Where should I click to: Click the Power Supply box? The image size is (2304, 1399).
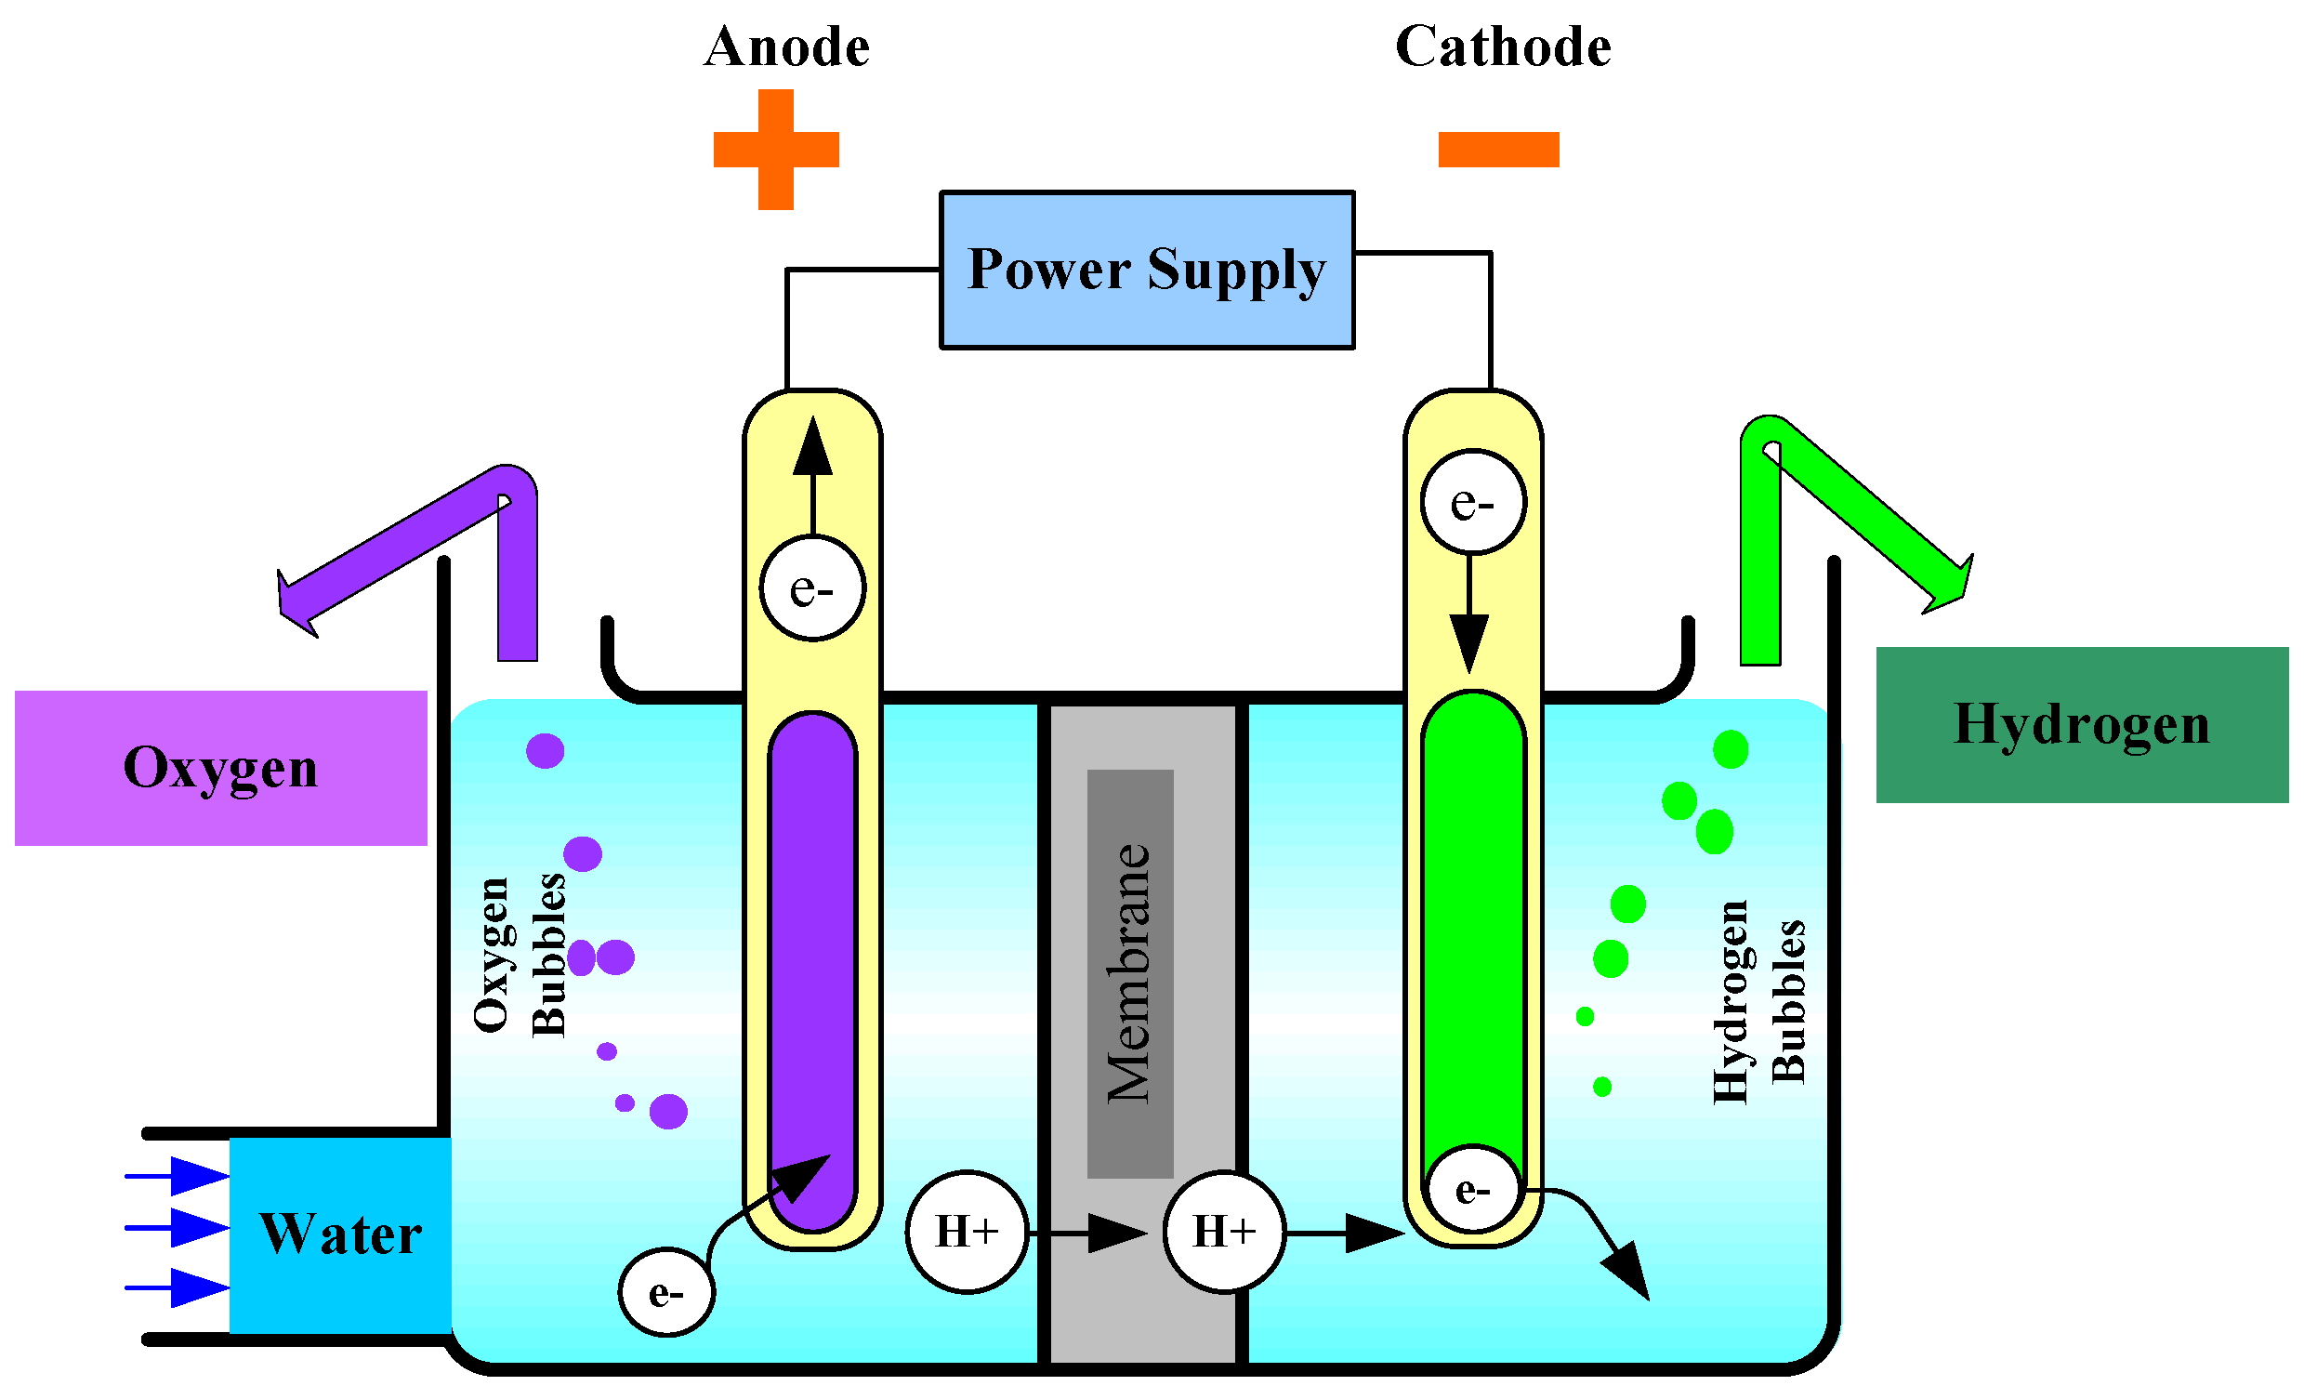(1146, 271)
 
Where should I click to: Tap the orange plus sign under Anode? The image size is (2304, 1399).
(776, 150)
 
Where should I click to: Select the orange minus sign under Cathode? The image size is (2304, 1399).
(1498, 150)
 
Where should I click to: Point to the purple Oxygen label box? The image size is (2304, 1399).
(220, 769)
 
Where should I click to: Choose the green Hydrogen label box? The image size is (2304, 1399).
(2082, 725)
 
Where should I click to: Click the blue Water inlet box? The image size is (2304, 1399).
(340, 1234)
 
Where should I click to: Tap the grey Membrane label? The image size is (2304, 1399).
(1129, 972)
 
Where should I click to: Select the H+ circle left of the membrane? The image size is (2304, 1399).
(967, 1232)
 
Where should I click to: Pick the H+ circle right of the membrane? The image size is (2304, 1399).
(1224, 1232)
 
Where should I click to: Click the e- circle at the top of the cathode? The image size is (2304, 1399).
(1473, 503)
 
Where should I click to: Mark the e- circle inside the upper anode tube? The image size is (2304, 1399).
(812, 588)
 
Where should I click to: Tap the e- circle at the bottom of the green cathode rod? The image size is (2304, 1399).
(1473, 1190)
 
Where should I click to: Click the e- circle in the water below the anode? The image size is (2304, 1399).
(665, 1292)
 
